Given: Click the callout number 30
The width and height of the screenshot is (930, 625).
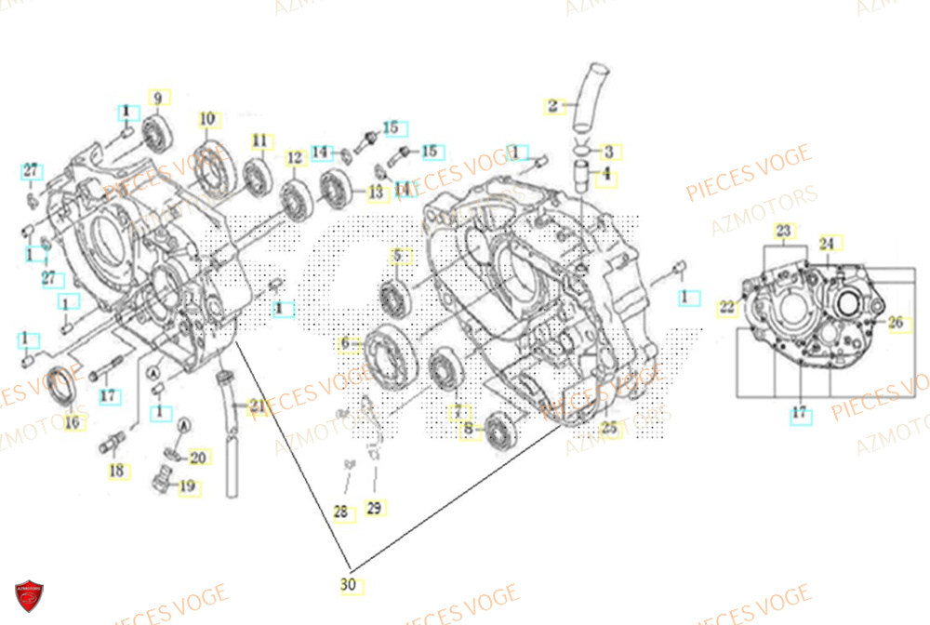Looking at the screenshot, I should pos(351,585).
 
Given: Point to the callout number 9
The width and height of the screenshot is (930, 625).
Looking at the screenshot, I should pos(157,98).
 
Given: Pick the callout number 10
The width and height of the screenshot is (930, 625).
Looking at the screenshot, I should pos(206,119).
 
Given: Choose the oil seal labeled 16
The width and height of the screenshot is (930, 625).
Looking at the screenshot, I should pos(63,385).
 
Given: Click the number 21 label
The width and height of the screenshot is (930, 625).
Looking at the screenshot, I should pos(256,405).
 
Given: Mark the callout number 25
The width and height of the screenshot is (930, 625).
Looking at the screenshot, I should pos(609,429).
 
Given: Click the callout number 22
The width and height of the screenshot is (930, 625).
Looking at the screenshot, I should pos(726,307).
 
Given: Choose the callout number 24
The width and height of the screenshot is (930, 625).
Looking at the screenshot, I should pos(827,244).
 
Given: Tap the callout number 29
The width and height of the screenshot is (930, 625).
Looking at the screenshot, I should pos(374,508).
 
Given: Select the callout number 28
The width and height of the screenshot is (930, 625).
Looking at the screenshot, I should pos(340,512).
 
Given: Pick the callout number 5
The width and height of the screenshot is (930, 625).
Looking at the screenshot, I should pos(397,256).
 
